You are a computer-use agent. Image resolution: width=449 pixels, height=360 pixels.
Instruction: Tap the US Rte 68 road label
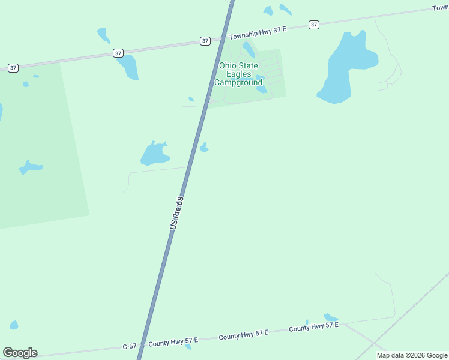[176, 213]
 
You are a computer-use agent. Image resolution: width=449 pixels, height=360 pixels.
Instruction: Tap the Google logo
[20, 353]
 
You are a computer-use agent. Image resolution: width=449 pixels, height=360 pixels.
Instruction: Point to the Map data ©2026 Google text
[412, 355]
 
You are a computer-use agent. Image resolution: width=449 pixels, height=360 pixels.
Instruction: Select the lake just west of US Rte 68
[154, 154]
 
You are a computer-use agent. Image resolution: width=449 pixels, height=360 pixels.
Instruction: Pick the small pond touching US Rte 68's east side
[204, 147]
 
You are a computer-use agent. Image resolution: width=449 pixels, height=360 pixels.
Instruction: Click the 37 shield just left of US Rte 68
[205, 41]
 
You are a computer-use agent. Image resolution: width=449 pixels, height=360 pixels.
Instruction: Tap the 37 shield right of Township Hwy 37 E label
[314, 25]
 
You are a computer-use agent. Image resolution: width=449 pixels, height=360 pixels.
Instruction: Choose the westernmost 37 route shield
[13, 68]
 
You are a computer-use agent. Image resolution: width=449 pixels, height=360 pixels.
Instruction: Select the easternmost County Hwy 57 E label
[314, 327]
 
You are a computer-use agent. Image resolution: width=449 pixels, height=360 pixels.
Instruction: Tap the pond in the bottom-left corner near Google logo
[13, 325]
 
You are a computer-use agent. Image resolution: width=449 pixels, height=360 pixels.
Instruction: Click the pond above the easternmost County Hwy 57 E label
[330, 317]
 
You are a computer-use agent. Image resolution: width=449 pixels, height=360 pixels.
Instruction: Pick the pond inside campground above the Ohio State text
[249, 50]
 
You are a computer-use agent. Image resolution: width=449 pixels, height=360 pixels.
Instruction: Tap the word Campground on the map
[238, 82]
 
